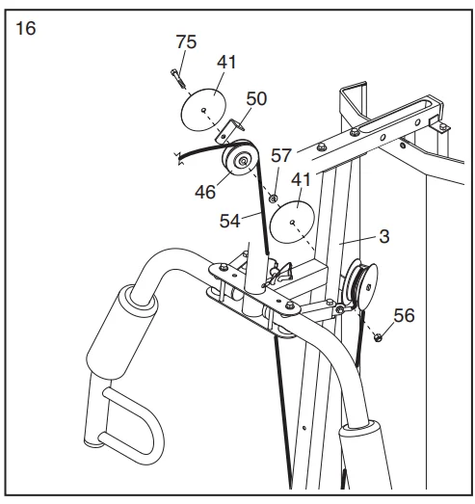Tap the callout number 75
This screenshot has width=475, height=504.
pos(185,41)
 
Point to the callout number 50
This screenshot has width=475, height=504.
pos(256,98)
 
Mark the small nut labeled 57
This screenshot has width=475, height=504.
pos(274,199)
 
